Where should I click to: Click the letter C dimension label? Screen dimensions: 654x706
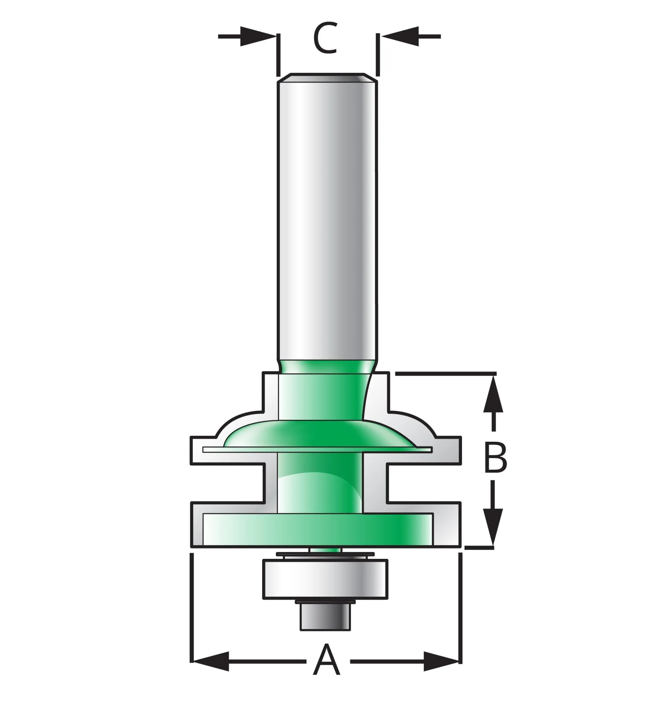pyautogui.click(x=325, y=38)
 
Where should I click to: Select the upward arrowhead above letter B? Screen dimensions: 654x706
pyautogui.click(x=493, y=393)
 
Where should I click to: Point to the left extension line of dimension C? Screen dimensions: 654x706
pyautogui.click(x=278, y=55)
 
